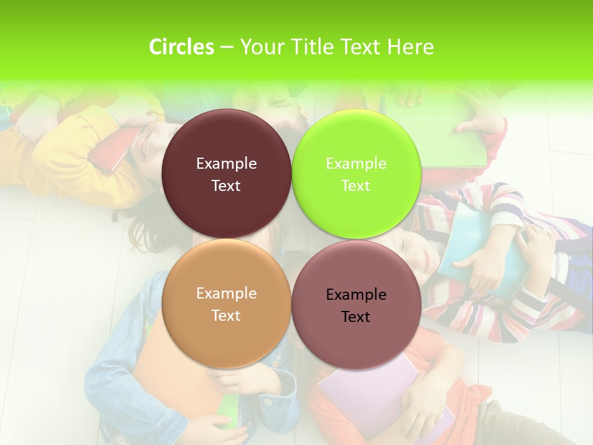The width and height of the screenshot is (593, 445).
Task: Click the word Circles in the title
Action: click(x=181, y=47)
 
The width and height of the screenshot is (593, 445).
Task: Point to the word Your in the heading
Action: click(x=261, y=47)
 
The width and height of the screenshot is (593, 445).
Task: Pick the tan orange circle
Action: click(x=226, y=334)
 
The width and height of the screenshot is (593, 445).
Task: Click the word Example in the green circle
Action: click(x=356, y=163)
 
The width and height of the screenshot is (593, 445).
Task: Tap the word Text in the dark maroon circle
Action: click(x=226, y=185)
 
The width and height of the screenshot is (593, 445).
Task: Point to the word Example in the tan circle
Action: click(x=226, y=293)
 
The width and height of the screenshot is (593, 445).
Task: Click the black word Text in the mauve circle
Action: click(x=356, y=316)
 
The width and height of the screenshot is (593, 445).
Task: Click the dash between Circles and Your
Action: click(x=227, y=47)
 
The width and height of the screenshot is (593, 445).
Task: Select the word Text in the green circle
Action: click(x=356, y=185)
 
